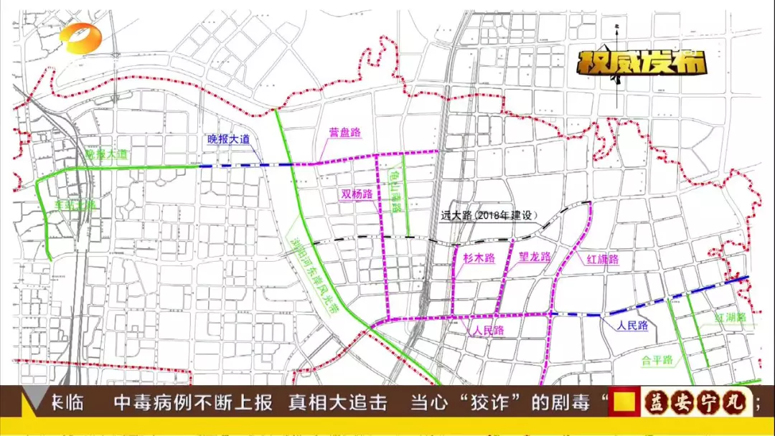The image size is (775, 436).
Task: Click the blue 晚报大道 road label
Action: pos(229,140)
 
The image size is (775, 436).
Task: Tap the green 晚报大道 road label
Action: pos(105,155)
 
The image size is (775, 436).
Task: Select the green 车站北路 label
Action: pos(75,204)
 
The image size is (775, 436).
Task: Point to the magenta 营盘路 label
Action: pos(344,133)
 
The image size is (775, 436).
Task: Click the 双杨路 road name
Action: pos(357,194)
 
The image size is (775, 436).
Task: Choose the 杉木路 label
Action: pos(479,257)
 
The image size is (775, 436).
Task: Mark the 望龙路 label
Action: pos(534,257)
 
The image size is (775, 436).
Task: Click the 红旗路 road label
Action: pos(603,260)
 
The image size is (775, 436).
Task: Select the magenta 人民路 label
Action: pos(487,331)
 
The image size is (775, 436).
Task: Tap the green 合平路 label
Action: pos(656,360)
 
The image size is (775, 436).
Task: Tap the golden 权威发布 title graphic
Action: pos(643,63)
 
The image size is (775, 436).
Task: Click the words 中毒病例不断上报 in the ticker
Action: pos(193,403)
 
